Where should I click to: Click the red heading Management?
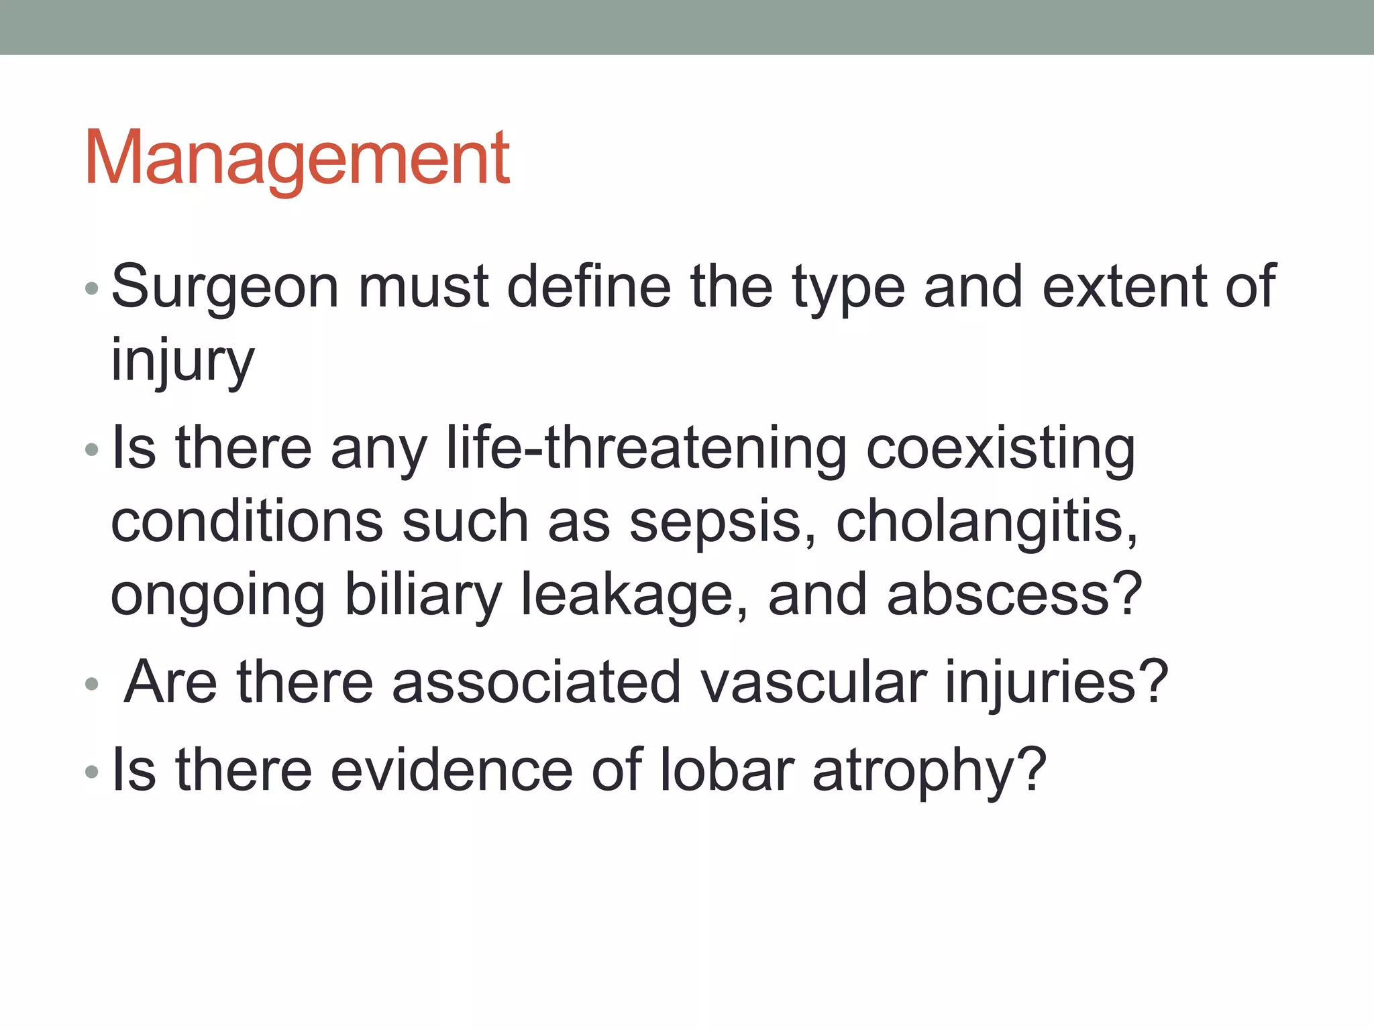point(297,160)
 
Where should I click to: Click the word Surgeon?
point(225,287)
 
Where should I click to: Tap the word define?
point(588,287)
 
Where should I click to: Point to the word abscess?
point(1013,595)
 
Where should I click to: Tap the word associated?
point(537,682)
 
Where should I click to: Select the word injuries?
point(1056,683)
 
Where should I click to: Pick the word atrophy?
point(929,771)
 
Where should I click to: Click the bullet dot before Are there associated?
point(92,685)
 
